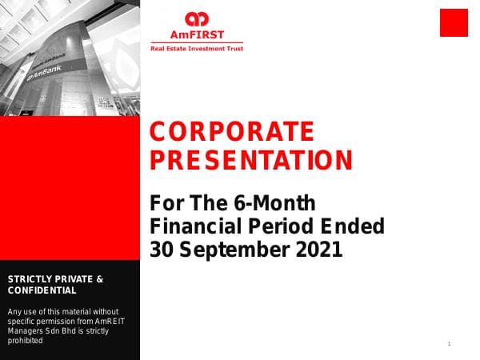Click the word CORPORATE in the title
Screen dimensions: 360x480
(x=233, y=131)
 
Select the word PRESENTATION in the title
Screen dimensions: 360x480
(x=251, y=161)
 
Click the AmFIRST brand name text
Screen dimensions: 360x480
(x=196, y=34)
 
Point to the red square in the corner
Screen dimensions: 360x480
(x=453, y=22)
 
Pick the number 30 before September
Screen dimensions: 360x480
(x=162, y=250)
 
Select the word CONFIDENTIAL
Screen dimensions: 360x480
(x=42, y=290)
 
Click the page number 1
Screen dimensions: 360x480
(x=450, y=343)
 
